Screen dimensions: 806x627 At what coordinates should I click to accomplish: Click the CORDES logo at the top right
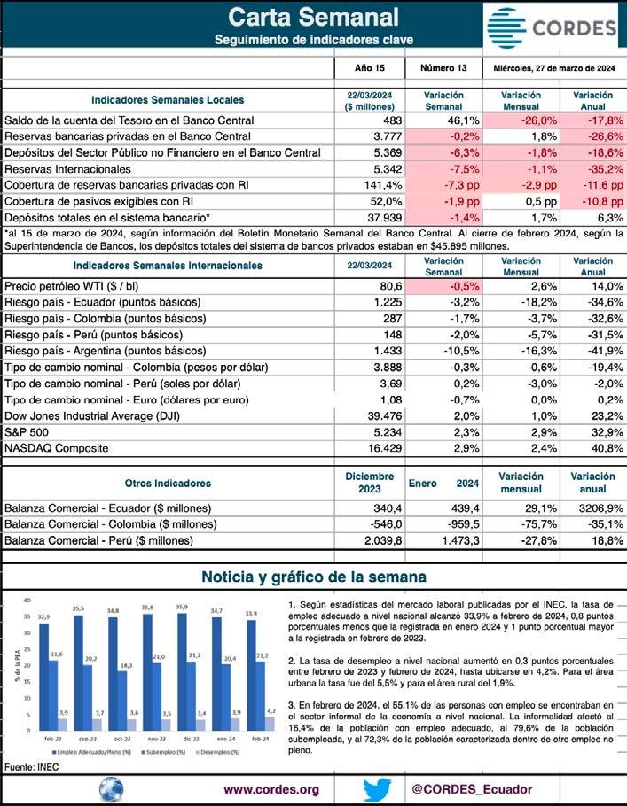point(552,27)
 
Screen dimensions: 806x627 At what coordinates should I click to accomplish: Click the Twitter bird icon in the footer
point(376,788)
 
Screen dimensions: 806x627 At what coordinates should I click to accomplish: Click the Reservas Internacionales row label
point(67,168)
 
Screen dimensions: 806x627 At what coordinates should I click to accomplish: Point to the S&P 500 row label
point(30,432)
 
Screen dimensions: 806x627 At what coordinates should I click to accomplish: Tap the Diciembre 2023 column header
point(369,483)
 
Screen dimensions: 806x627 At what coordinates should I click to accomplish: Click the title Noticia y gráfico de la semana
point(313,577)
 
